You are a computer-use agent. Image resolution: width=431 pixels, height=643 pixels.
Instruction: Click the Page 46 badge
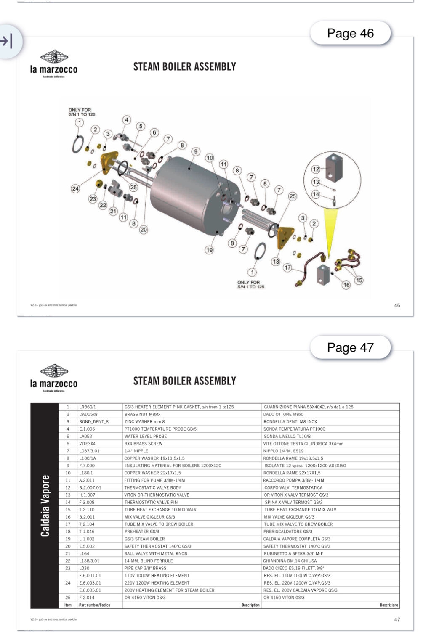(x=350, y=34)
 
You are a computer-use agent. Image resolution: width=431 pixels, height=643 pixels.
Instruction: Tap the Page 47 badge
(x=350, y=348)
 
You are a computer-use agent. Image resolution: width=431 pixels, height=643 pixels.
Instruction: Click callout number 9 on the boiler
(x=196, y=151)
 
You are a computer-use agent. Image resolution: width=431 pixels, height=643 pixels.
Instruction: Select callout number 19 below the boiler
(x=209, y=250)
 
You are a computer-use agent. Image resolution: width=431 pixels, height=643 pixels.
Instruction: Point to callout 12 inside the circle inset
(x=316, y=169)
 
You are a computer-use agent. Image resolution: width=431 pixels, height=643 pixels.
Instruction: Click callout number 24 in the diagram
(x=75, y=188)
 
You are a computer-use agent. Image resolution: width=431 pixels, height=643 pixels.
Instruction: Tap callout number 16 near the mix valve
(x=346, y=285)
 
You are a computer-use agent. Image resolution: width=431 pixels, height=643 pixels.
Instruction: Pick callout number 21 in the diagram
(x=113, y=211)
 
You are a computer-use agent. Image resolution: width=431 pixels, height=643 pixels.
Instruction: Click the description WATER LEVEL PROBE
(x=146, y=437)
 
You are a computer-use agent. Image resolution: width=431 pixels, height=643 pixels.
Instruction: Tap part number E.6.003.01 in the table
(x=90, y=583)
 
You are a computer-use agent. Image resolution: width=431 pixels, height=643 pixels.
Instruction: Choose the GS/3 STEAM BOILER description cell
(x=144, y=539)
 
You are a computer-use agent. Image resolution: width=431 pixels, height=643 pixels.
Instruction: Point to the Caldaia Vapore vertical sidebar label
(x=45, y=506)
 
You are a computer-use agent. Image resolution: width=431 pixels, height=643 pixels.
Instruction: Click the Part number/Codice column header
(x=94, y=605)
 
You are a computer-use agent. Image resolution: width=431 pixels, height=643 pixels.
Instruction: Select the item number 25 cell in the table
(x=68, y=598)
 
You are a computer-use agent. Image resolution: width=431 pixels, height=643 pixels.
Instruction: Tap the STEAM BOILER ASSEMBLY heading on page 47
(x=184, y=381)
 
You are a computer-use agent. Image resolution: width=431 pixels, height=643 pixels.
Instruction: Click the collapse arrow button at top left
(x=7, y=41)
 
